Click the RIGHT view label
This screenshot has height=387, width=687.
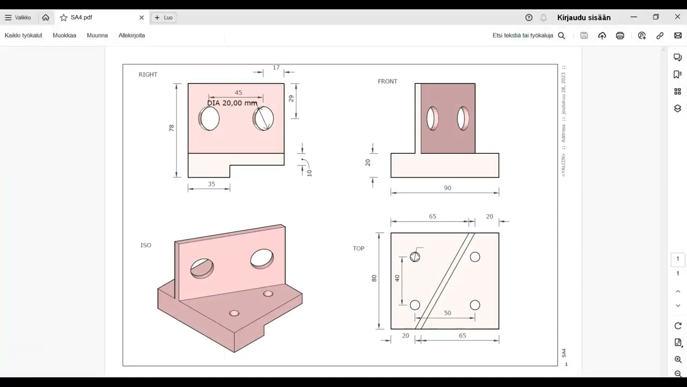point(148,75)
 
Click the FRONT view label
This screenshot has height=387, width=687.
point(388,82)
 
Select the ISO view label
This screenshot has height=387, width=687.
point(146,245)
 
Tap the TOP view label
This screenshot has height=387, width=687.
point(359,248)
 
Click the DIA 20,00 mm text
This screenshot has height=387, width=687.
point(232,103)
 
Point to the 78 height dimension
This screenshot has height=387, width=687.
point(172,128)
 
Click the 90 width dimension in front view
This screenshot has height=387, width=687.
point(447,188)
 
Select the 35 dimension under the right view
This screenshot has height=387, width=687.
point(211,184)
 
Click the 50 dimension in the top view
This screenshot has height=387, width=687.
point(447,313)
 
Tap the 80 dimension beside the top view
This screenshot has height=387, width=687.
point(374,278)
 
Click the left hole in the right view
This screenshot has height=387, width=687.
point(209,118)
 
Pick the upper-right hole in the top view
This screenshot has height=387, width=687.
point(475,257)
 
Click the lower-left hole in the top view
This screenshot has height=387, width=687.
point(415,305)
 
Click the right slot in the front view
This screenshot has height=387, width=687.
point(463,118)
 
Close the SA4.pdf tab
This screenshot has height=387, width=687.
point(142,18)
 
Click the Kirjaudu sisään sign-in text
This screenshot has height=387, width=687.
point(584,18)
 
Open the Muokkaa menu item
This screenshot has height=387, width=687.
point(64,35)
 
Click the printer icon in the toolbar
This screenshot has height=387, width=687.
point(620,35)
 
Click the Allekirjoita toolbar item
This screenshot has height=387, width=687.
point(131,35)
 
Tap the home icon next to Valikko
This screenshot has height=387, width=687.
point(46,18)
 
